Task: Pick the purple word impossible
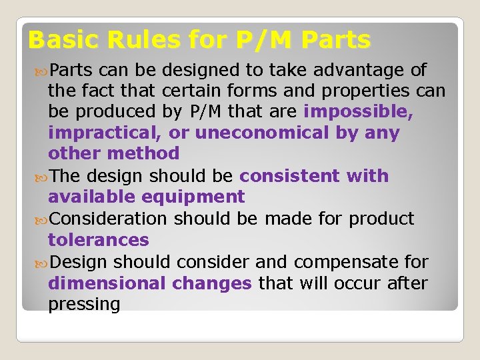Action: pyautogui.click(x=359, y=112)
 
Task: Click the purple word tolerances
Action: pyautogui.click(x=98, y=239)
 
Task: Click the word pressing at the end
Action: pyautogui.click(x=84, y=305)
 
